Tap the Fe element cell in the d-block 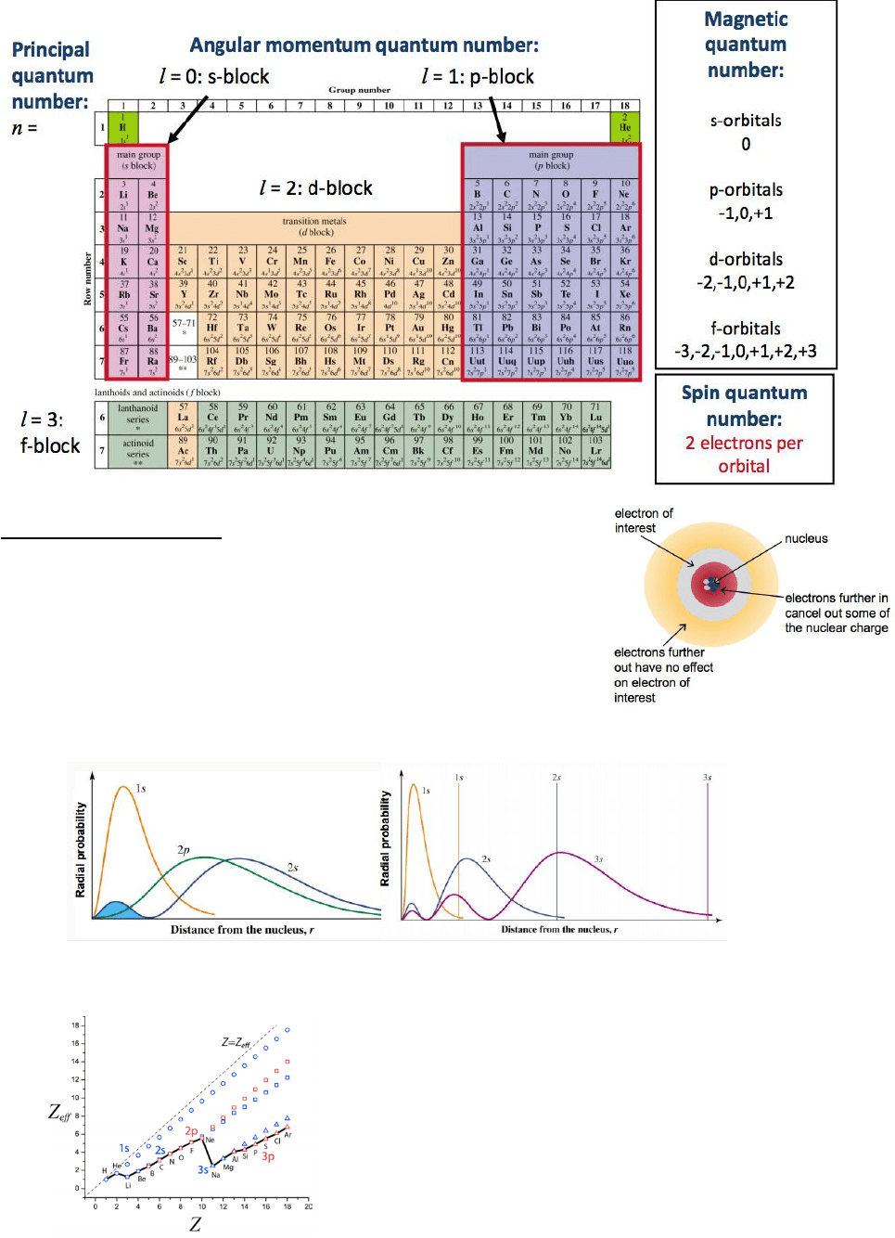coord(330,262)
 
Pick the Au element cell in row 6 coord(418,328)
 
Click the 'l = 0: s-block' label coord(214,77)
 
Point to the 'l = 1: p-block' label coord(478,77)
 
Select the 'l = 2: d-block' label coord(316,188)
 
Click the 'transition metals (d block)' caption coord(314,226)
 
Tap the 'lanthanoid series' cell coord(137,414)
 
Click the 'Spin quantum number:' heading coord(744,406)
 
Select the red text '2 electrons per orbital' coord(744,455)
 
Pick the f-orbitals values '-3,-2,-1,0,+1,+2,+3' coord(745,351)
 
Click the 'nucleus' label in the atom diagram coord(806,538)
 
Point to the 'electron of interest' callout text coord(643,521)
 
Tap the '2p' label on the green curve coord(184,849)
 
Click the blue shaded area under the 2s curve coord(116,909)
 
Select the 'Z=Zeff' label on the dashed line coord(236,1042)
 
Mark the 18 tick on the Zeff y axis coord(75,1025)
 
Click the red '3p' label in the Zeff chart coord(268,1156)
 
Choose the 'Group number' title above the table coord(359,90)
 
